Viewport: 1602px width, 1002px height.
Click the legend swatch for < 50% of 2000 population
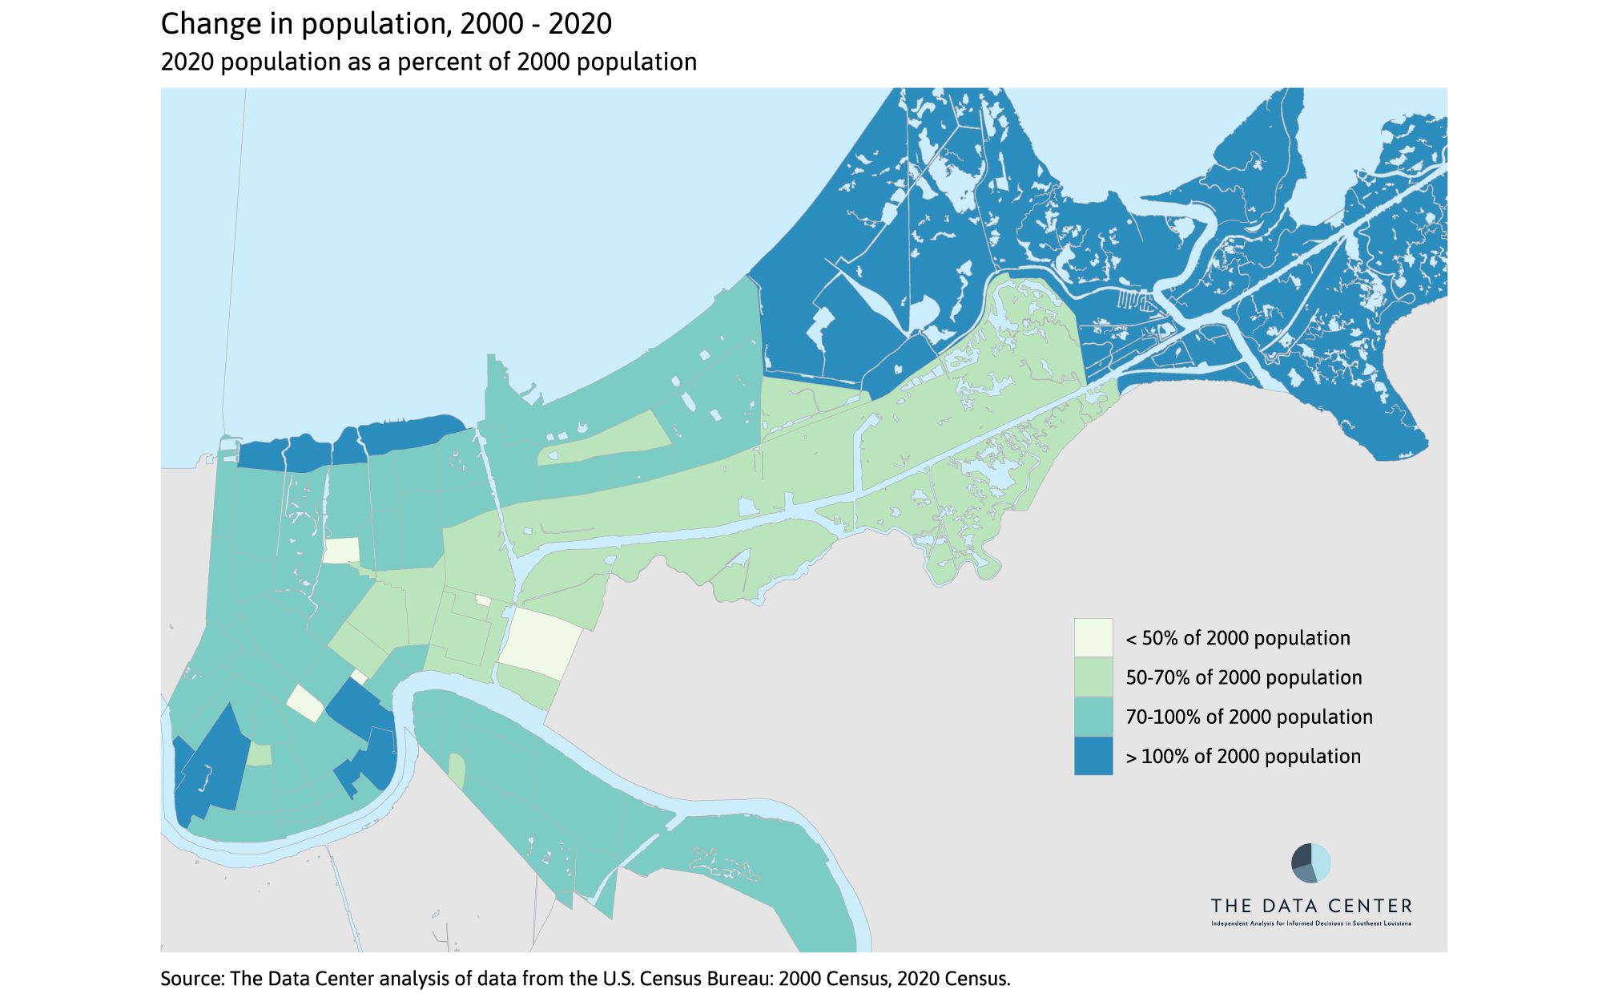tap(1093, 637)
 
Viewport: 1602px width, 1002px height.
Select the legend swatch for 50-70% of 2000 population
tap(1093, 677)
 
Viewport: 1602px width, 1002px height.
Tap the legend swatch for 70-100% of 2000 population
tap(1093, 717)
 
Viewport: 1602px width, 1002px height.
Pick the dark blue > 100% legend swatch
tap(1093, 756)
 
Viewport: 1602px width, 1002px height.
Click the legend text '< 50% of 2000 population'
tap(1238, 638)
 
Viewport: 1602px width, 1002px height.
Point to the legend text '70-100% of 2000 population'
tap(1249, 717)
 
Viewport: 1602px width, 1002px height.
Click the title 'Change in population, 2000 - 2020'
tap(386, 24)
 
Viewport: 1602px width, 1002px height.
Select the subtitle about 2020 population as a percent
tap(429, 62)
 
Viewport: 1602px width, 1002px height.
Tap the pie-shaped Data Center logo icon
tap(1311, 863)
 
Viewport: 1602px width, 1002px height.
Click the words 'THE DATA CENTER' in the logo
tap(1311, 906)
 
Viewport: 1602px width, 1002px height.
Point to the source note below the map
tap(586, 979)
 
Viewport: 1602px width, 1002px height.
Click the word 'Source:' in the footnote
tap(192, 979)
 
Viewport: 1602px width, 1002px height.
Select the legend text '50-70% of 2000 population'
tap(1243, 677)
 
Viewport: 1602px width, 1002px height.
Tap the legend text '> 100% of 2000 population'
tap(1243, 756)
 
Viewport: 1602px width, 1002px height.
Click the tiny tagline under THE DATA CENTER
tap(1311, 923)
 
